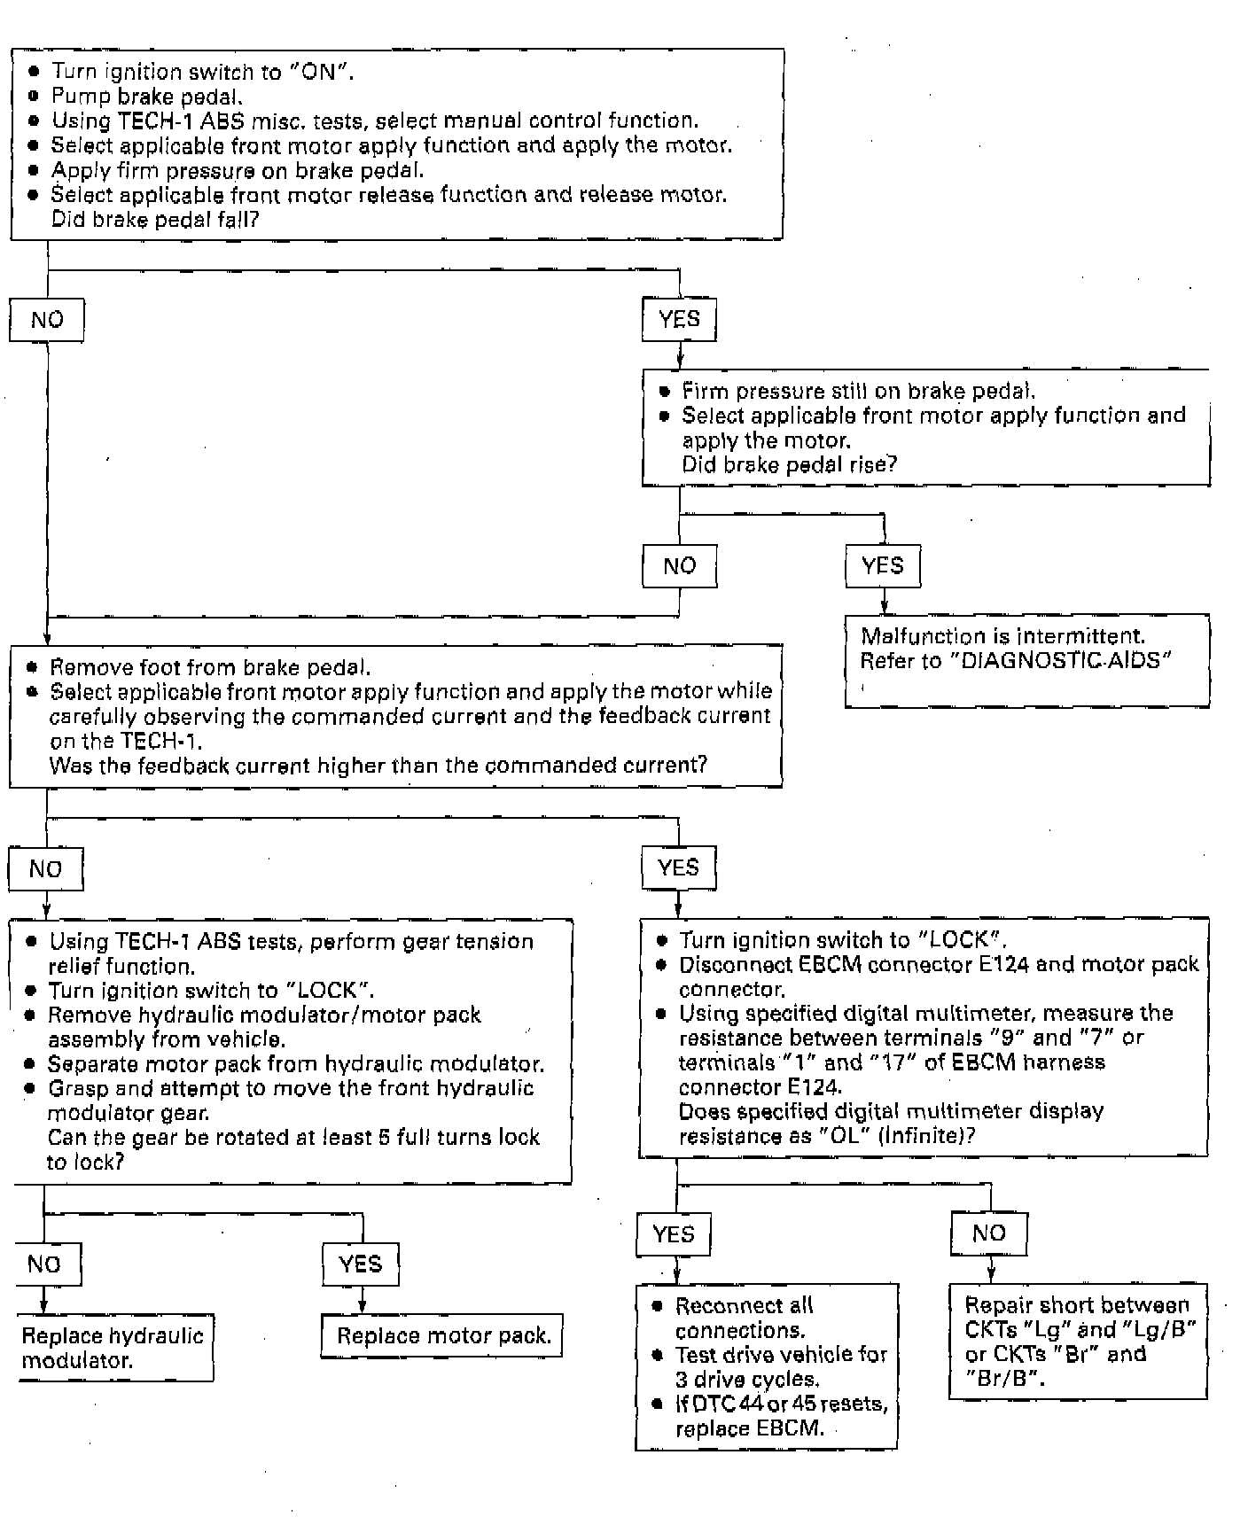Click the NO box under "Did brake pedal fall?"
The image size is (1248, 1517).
click(47, 320)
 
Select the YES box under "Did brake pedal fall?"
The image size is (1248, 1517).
click(679, 320)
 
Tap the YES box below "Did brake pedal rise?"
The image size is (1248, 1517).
click(882, 566)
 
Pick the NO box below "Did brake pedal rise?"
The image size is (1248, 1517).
click(679, 566)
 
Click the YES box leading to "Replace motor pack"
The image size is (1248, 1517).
click(360, 1264)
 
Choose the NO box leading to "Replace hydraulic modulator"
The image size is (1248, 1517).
click(44, 1264)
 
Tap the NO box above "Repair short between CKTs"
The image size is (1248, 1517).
click(988, 1233)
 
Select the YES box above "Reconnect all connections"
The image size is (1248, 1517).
click(673, 1234)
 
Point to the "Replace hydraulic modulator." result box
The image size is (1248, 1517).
click(113, 1348)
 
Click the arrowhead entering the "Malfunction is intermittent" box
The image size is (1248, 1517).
click(884, 609)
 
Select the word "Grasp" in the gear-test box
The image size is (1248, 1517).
click(78, 1088)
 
